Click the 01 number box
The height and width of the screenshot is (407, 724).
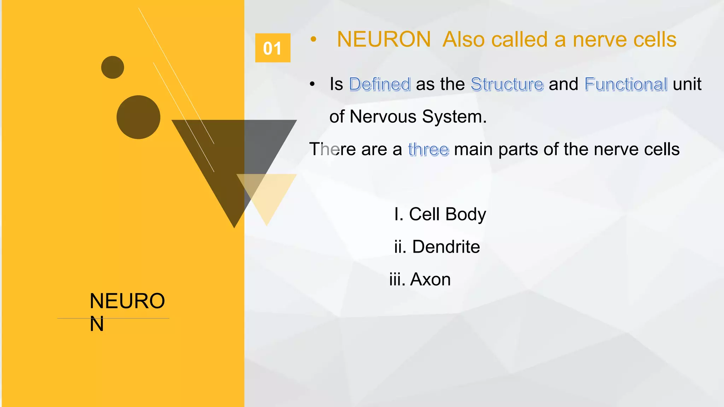273,48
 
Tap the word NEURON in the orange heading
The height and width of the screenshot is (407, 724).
384,39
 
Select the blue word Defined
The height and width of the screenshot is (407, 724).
380,84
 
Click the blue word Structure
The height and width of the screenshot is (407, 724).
507,84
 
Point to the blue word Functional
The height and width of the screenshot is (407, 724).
626,84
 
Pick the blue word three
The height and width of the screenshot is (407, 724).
428,149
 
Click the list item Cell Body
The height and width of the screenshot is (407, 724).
440,214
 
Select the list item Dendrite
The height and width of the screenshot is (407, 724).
437,247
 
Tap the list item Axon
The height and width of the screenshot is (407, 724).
420,279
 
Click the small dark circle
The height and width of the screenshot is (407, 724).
112,67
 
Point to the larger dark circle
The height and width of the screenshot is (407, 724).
138,117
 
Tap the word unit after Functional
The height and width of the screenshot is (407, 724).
687,84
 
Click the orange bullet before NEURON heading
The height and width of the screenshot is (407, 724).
313,39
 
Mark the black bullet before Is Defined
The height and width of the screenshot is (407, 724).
312,84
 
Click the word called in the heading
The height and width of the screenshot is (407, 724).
519,39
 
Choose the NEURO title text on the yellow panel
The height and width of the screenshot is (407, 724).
127,301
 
